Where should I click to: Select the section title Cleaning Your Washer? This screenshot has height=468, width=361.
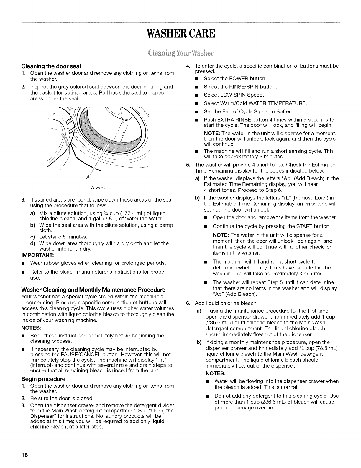180,53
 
